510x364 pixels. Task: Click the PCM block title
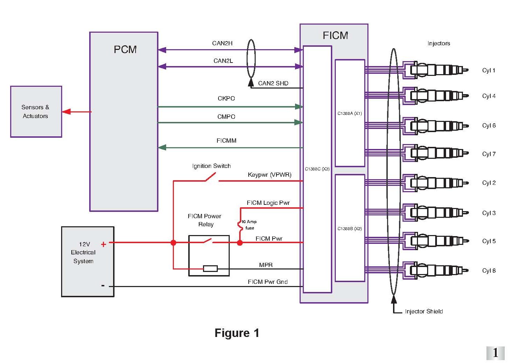click(125, 50)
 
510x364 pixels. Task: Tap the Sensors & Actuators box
click(36, 112)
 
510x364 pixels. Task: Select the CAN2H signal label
click(222, 43)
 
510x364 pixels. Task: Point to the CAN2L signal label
click(223, 61)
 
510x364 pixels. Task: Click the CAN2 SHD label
click(273, 83)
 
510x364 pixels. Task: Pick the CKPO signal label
click(226, 98)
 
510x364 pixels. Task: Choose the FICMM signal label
click(226, 141)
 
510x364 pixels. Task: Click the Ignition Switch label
click(211, 166)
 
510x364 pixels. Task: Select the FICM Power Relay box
click(209, 255)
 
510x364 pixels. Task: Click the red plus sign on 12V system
click(103, 244)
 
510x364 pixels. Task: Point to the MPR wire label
click(266, 265)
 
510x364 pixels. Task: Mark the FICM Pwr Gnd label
click(268, 282)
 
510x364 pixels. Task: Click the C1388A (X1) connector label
click(349, 113)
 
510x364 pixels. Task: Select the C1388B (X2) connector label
click(349, 229)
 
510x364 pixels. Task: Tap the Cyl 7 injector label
click(489, 154)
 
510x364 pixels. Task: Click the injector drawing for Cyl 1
click(437, 70)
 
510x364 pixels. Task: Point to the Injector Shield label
click(424, 311)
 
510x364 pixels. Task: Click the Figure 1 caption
click(237, 333)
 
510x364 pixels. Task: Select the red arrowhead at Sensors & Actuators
click(66, 112)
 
